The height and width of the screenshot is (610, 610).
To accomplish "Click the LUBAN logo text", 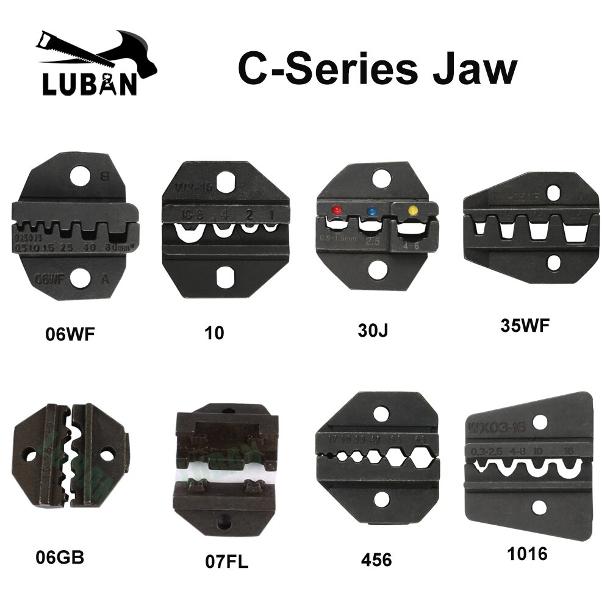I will coord(88,83).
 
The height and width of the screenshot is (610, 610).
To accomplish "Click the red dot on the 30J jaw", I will coord(335,211).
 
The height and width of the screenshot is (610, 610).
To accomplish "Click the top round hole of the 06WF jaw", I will coord(80,177).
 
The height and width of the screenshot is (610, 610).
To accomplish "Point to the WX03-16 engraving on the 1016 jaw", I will coord(493,425).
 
